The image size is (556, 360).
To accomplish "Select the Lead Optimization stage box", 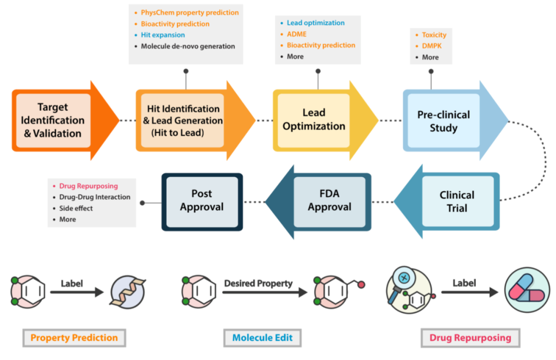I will pos(314,119).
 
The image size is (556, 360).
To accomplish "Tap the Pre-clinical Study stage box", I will pos(443,121).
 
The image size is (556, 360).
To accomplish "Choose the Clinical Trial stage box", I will pos(457,201).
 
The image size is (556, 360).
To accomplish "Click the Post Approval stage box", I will pos(202,200).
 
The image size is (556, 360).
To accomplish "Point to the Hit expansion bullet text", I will pos(163,35).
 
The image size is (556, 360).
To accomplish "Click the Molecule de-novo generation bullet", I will pos(188,46).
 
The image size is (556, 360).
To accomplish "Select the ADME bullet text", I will pos(297,34).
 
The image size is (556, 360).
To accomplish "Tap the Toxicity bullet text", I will pos(434,35).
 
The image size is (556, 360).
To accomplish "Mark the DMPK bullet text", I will pos(432,46).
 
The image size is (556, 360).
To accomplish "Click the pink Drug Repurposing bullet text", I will pos(88,186).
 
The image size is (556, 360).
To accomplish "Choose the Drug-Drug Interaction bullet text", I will pos(95,197).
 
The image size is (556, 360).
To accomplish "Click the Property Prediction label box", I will pos(74,338).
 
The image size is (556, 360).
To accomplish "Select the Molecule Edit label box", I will pos(263,338).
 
